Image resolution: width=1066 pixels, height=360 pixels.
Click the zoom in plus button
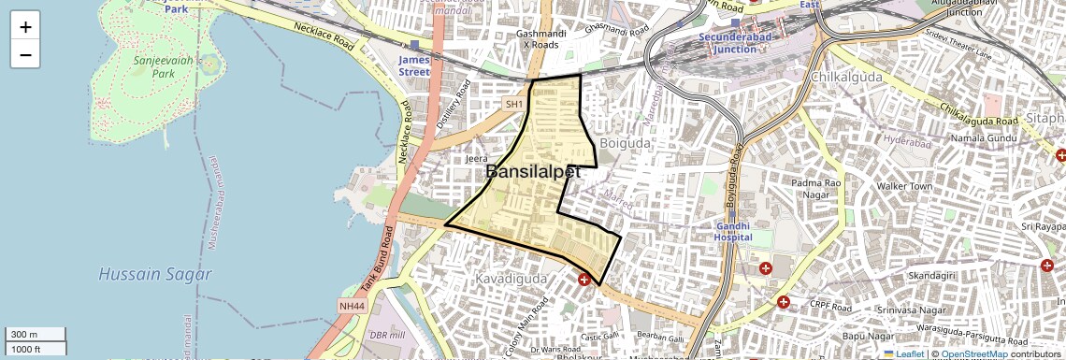[x=25, y=27]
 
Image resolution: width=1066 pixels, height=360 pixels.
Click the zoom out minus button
[x=25, y=55]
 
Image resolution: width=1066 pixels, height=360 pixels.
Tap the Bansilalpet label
[x=533, y=172]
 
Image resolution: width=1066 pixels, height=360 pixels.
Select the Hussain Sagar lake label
[x=155, y=275]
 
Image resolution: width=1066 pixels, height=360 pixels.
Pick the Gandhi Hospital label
[x=734, y=231]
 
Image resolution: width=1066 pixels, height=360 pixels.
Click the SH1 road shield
[x=513, y=105]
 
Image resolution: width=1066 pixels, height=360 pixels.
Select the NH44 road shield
[x=349, y=306]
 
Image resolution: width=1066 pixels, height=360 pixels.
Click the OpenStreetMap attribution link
[x=973, y=353]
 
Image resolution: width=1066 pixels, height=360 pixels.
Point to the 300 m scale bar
[x=36, y=335]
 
